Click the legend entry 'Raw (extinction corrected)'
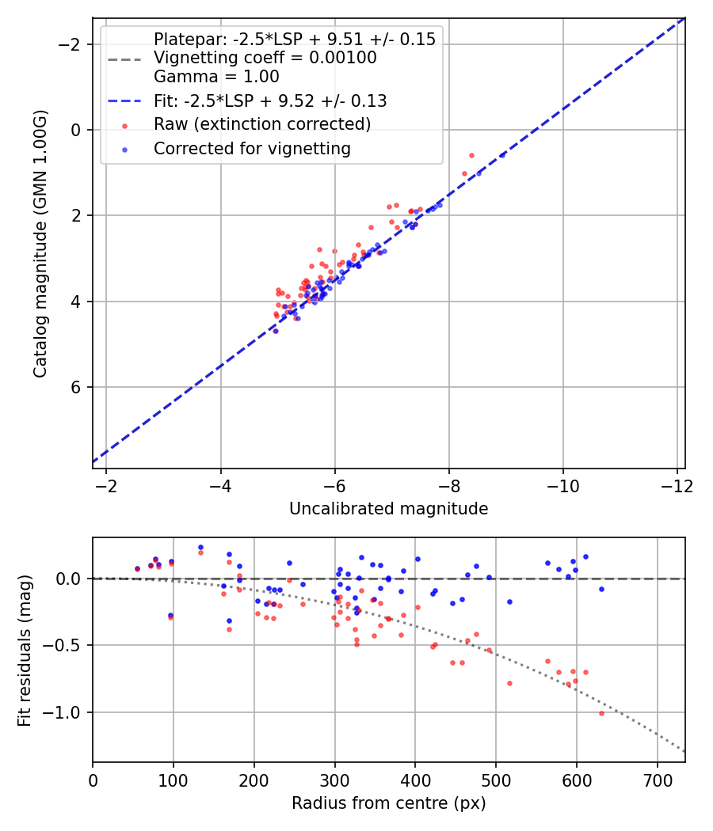(x=261, y=124)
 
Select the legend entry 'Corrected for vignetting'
(x=252, y=148)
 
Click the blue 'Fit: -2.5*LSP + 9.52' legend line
(x=124, y=101)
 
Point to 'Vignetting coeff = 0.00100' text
(x=265, y=58)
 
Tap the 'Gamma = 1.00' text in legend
(x=216, y=77)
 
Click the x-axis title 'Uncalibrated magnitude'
(x=388, y=508)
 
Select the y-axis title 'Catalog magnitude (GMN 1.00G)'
(x=40, y=245)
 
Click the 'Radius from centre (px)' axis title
(x=388, y=803)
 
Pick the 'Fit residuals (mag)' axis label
(x=25, y=650)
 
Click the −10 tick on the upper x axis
(x=563, y=484)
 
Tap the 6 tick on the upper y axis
(x=77, y=387)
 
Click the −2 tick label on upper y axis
(x=71, y=44)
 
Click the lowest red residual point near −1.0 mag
(x=601, y=713)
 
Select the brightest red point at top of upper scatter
(x=471, y=155)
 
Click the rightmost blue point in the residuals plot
(x=601, y=589)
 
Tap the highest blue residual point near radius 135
(x=200, y=547)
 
